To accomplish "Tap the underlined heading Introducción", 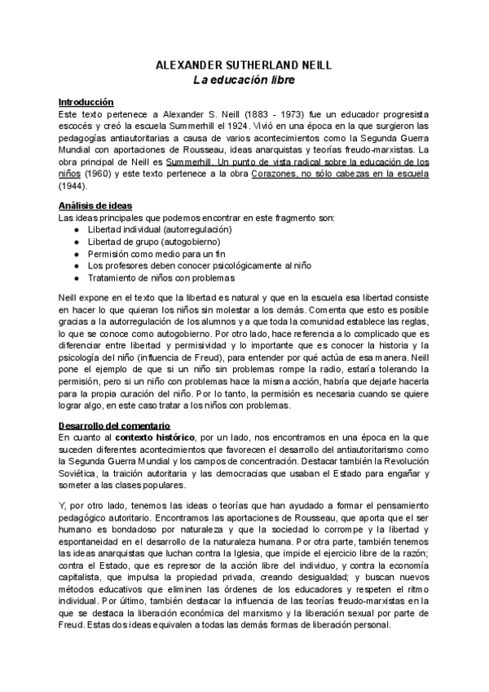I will [86, 102].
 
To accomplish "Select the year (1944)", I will [72, 187].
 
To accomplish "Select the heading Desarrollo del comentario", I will [113, 426].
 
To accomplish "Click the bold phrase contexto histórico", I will [154, 438].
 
